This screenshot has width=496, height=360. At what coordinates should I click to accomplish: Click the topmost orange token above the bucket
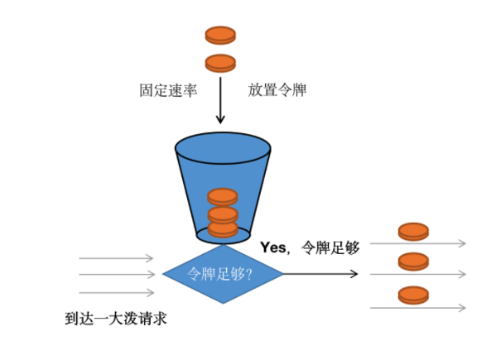220,35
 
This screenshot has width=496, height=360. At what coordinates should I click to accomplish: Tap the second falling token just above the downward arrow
220,63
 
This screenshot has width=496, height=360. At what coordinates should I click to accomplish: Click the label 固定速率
168,90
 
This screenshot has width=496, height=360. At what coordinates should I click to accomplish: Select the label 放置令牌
277,90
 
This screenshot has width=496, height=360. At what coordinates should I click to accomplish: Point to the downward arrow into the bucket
220,100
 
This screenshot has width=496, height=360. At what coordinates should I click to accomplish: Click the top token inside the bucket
223,197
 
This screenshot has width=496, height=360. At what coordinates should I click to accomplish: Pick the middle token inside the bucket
223,214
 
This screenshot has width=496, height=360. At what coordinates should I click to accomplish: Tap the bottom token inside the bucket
223,229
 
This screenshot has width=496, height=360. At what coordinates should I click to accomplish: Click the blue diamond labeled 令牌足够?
223,274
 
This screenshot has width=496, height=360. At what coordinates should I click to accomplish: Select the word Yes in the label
272,247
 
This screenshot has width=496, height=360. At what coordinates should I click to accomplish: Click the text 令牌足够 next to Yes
330,247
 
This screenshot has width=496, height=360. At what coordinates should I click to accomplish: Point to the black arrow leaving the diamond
320,274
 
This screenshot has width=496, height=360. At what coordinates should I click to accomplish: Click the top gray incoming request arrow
116,258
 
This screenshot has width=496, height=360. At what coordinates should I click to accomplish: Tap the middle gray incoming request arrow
117,274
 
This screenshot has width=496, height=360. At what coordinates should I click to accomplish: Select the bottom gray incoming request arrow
117,293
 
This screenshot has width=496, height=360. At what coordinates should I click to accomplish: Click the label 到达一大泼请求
116,319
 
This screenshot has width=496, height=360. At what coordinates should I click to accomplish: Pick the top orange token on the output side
413,232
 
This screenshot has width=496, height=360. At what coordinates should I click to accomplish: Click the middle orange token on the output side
413,262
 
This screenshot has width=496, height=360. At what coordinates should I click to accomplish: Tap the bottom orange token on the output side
413,295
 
